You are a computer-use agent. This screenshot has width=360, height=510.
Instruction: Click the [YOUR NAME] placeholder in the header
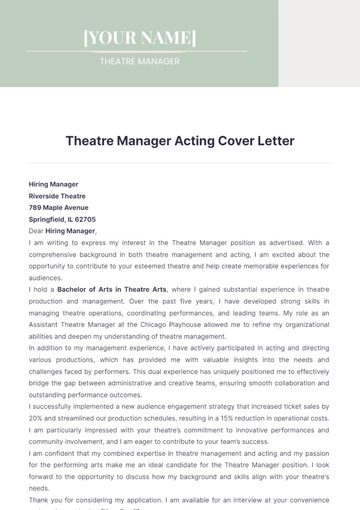click(140, 38)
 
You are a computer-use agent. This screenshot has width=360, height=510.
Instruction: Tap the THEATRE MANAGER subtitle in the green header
click(140, 61)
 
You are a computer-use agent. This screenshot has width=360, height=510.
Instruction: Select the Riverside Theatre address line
click(57, 196)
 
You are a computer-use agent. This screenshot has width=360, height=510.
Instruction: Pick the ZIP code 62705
click(84, 218)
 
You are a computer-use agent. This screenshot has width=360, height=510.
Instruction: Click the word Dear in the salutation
click(37, 230)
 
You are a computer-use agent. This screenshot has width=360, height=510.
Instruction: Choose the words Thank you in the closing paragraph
click(43, 499)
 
